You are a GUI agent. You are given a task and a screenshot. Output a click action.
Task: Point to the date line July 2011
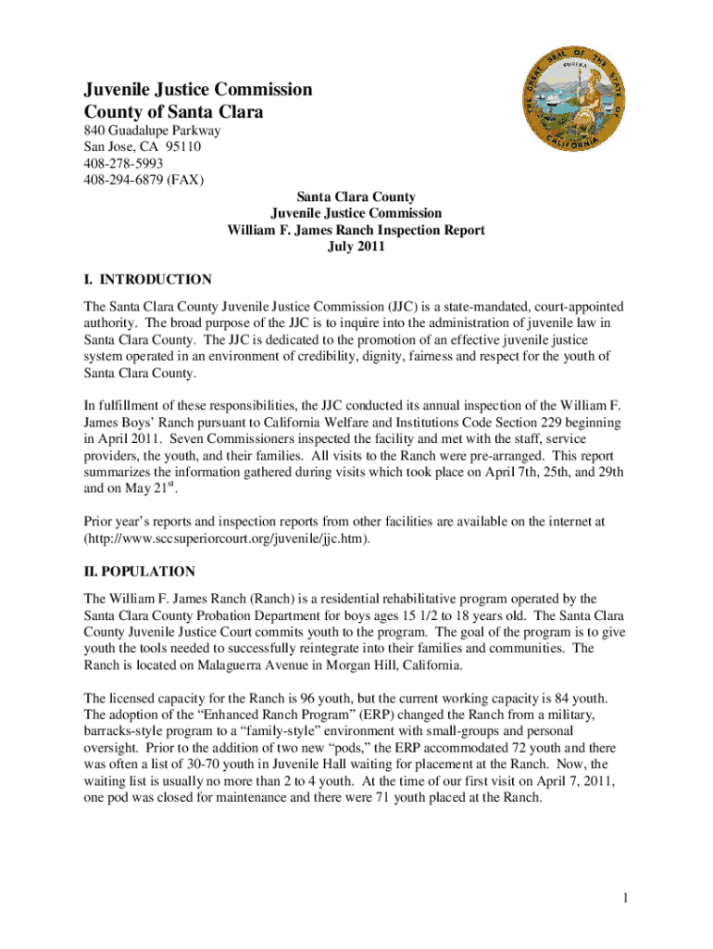[356, 247]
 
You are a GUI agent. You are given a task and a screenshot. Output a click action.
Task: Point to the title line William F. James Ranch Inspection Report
[356, 230]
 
